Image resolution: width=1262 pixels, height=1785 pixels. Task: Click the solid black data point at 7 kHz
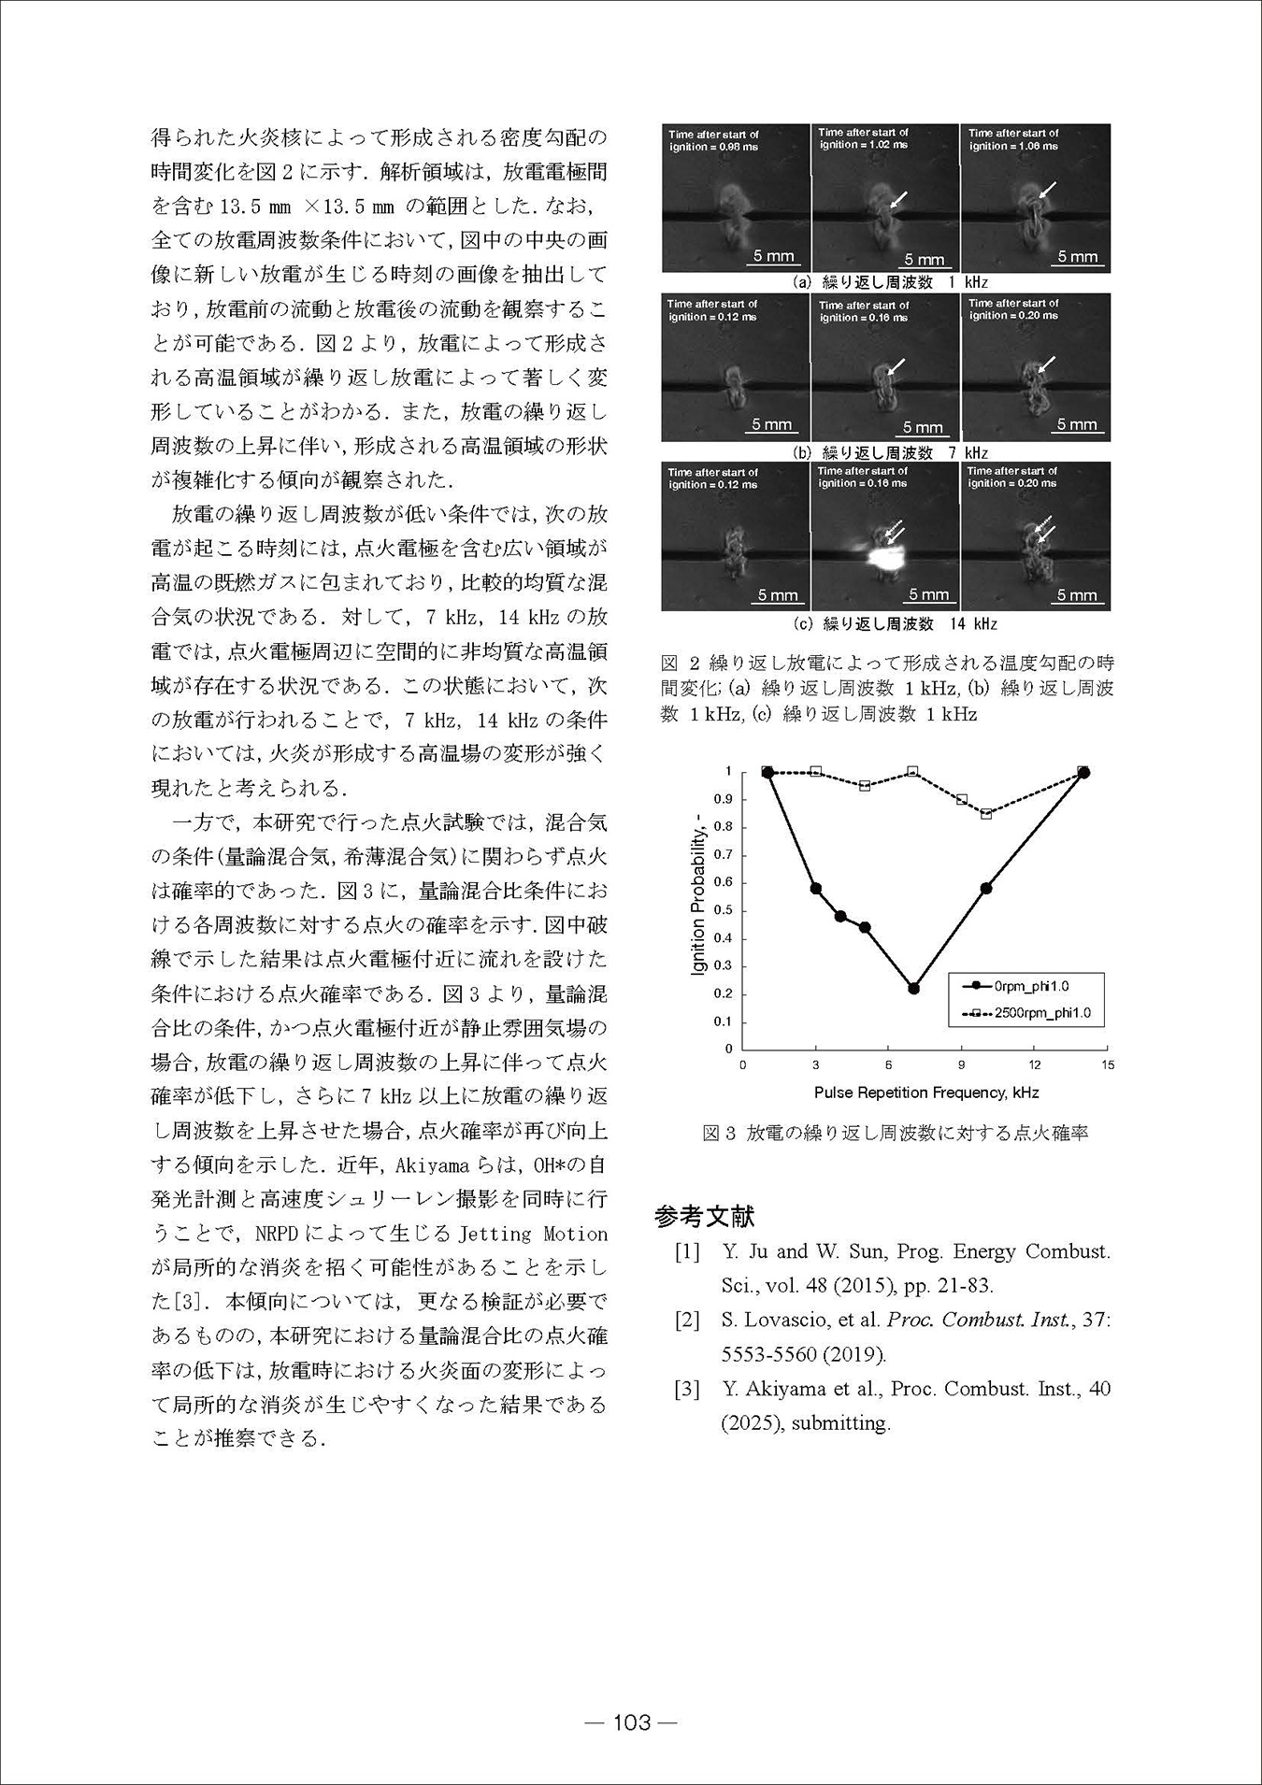click(913, 989)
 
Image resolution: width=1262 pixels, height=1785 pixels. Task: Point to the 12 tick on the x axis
click(1035, 1064)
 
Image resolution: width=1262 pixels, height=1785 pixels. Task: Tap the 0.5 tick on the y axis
click(724, 910)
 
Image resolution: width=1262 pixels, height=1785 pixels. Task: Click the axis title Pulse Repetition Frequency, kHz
click(925, 1092)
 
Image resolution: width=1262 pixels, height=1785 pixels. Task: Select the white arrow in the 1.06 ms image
click(1046, 190)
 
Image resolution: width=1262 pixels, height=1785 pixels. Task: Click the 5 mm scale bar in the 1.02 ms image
click(924, 261)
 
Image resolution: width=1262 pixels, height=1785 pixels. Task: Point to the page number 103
click(631, 1722)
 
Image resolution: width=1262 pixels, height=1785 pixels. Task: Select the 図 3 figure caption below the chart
click(895, 1134)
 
